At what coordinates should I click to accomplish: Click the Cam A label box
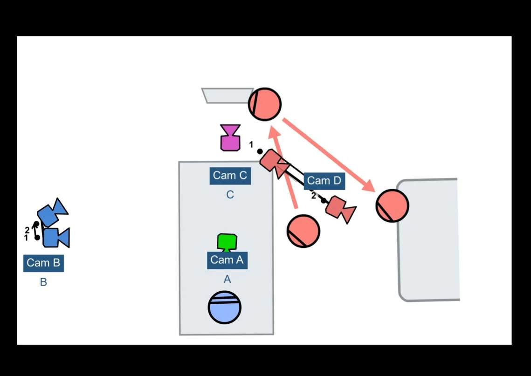(227, 260)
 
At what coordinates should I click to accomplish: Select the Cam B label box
(43, 263)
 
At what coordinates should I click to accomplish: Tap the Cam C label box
(230, 176)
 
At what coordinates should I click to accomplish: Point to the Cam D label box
(324, 181)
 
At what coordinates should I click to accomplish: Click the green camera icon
(227, 242)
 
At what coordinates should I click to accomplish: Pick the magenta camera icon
(230, 137)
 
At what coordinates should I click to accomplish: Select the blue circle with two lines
(224, 307)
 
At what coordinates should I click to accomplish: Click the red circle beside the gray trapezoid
(265, 104)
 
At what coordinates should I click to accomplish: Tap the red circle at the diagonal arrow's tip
(392, 205)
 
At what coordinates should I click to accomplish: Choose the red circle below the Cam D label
(303, 231)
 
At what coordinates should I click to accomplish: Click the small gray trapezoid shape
(227, 96)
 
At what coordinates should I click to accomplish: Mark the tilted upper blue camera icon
(52, 212)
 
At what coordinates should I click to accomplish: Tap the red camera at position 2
(340, 209)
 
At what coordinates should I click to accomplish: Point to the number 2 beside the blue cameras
(27, 230)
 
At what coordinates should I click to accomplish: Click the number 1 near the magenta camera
(251, 145)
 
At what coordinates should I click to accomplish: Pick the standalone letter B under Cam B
(43, 282)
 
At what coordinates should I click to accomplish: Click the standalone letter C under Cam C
(230, 195)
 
